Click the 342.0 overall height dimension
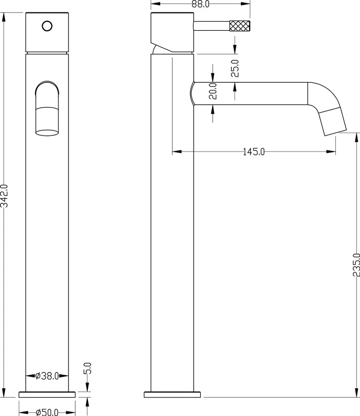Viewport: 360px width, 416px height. coord(4,196)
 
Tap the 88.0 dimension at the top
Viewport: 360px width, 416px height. coord(201,4)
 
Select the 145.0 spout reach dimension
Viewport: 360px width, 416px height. coord(254,152)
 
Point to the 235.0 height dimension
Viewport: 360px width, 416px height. coord(356,265)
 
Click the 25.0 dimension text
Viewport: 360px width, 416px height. coord(235,69)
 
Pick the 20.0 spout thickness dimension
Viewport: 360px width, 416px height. coord(213,91)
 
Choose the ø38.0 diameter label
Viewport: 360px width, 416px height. coord(47,376)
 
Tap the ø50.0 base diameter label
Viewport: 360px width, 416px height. coord(47,412)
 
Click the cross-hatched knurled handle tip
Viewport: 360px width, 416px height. coord(239,26)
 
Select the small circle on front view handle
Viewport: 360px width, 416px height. coord(47,26)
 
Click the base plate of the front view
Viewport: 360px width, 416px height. coord(47,394)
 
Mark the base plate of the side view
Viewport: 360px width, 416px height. coord(172,394)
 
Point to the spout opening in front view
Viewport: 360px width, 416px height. coord(47,133)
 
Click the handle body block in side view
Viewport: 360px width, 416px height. coord(172,32)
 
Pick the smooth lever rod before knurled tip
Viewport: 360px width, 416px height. coord(211,26)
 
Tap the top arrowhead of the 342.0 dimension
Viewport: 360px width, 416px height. coord(4,17)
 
